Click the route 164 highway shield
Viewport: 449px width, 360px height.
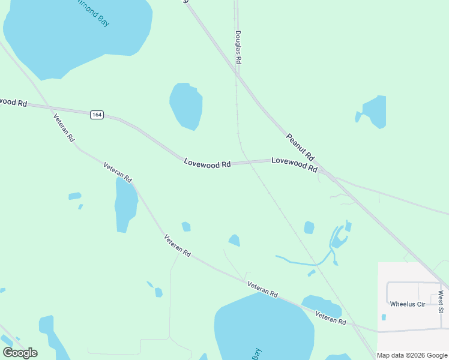point(97,115)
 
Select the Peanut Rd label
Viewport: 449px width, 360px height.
point(300,147)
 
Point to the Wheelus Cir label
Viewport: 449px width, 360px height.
point(407,304)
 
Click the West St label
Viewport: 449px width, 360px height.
point(441,302)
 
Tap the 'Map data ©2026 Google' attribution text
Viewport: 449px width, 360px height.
point(412,355)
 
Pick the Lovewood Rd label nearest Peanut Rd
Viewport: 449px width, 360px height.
point(294,164)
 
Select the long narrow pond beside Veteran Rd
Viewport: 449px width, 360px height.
point(125,205)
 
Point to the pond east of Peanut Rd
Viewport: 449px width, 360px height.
point(373,112)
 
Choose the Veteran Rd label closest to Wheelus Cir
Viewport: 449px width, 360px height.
point(331,319)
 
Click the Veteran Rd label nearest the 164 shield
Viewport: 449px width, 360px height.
point(64,128)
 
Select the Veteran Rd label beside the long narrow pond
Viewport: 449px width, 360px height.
point(118,173)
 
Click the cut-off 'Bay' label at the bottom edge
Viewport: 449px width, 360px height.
point(257,354)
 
